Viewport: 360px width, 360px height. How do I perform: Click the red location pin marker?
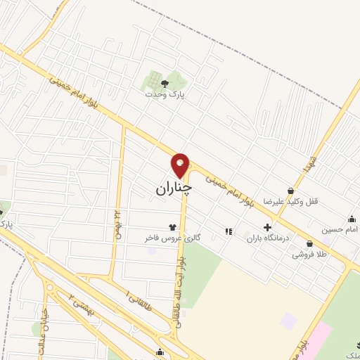180,165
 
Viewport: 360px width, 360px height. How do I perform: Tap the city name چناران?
173,188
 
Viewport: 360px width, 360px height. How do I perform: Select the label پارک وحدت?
164,94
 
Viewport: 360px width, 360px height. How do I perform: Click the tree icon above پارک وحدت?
164,83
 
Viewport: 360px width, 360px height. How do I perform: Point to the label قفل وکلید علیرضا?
291,201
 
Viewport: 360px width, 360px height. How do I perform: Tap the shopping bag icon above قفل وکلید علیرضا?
290,191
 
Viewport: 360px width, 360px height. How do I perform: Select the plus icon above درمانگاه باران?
267,227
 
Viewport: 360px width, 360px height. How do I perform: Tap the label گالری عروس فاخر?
173,238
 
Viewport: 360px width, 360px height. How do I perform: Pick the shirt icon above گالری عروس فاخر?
172,227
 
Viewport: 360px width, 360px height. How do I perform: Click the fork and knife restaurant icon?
227,230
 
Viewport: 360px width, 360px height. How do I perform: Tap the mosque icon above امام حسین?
351,219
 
